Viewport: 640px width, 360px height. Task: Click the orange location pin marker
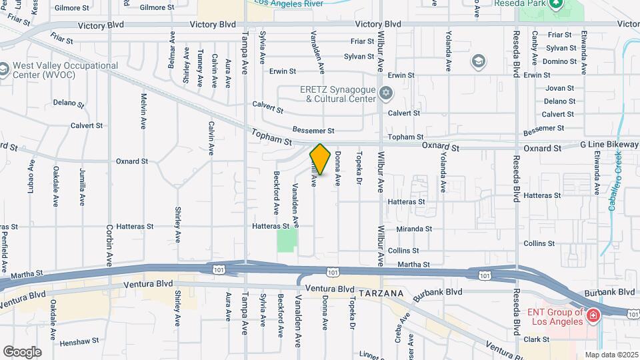320,159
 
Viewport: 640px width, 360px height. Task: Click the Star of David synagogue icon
385,92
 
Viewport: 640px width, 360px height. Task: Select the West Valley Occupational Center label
65,70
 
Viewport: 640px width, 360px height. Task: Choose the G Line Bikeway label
609,145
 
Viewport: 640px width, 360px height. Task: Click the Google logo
21,351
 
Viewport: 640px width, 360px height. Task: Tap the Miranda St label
414,229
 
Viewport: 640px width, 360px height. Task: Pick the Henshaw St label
79,342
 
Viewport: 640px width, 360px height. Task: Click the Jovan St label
559,88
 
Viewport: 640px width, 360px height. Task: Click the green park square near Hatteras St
287,241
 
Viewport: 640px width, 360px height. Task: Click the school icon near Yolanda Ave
477,63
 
